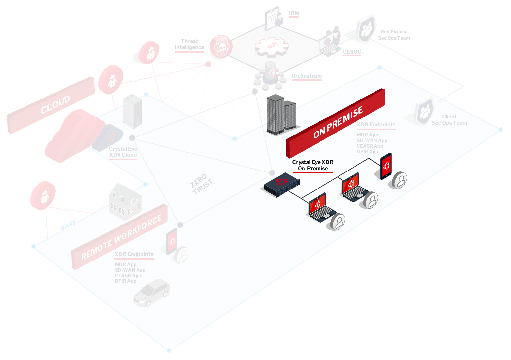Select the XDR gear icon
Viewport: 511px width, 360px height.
pyautogui.click(x=271, y=46)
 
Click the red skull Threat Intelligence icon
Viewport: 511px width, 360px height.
pyautogui.click(x=221, y=47)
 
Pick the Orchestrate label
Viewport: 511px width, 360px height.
pyautogui.click(x=306, y=76)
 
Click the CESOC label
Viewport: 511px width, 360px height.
pyautogui.click(x=352, y=52)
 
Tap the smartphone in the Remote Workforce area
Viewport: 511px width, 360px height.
pyautogui.click(x=172, y=242)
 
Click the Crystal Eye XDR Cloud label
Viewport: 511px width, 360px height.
pyautogui.click(x=123, y=152)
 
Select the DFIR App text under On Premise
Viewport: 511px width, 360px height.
pyautogui.click(x=367, y=152)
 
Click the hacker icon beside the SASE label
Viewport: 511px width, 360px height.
pyautogui.click(x=43, y=195)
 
